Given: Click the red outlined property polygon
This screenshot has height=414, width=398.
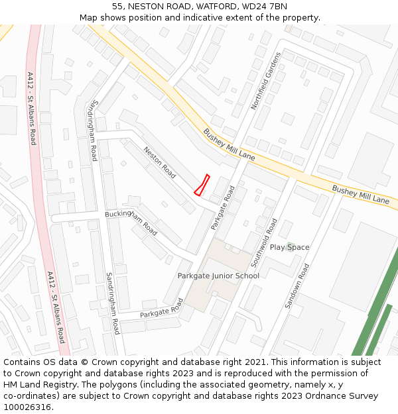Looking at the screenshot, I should [x=202, y=185].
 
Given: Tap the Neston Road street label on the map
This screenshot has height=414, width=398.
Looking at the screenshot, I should [x=160, y=162].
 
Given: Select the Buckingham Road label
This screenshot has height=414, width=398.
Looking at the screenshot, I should [x=131, y=223].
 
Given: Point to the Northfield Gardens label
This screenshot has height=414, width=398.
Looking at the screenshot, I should [x=266, y=81].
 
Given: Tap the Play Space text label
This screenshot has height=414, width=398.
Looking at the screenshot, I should [x=289, y=247].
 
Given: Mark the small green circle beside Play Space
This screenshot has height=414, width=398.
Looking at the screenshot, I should [x=289, y=247].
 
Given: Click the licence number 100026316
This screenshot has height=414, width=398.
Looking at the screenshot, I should [x=26, y=407].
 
